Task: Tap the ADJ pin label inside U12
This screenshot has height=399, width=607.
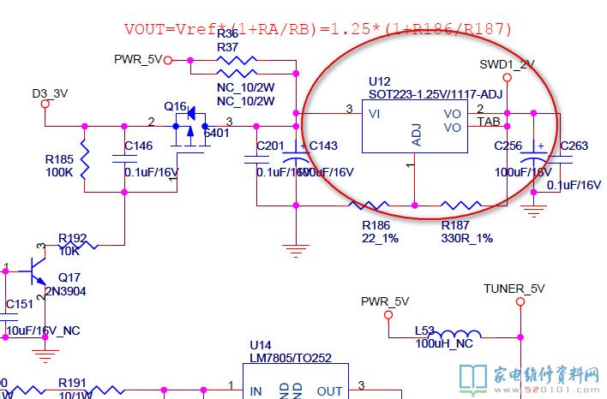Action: [417, 135]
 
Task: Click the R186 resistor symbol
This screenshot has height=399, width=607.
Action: [375, 205]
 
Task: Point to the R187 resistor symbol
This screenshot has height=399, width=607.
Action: [460, 205]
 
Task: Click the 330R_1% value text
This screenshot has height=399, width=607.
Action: [466, 238]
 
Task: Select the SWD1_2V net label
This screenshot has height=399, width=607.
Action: [507, 64]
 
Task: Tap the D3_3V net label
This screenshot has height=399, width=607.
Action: [50, 92]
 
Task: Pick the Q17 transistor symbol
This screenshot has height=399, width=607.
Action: [36, 268]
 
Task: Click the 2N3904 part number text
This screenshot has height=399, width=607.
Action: [72, 291]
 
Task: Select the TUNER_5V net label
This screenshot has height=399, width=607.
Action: [514, 289]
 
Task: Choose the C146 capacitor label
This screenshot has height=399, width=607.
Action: [138, 146]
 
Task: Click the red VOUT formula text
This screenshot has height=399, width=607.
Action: [318, 29]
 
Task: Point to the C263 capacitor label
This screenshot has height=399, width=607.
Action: [574, 146]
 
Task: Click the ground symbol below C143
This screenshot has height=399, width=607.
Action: [296, 250]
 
